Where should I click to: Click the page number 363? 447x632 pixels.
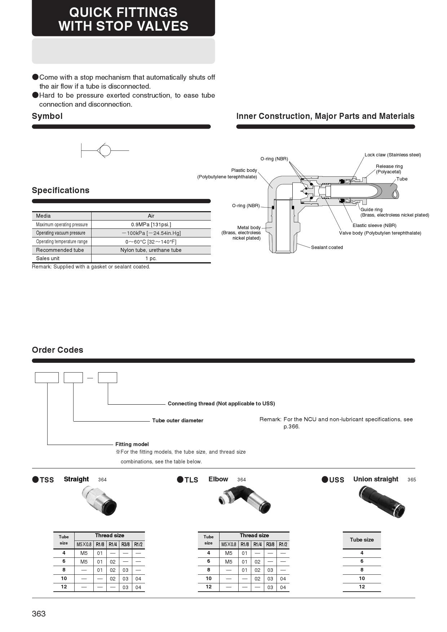click(x=39, y=614)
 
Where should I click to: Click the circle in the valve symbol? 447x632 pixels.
click(x=105, y=150)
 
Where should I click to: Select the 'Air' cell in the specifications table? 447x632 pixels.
click(x=151, y=216)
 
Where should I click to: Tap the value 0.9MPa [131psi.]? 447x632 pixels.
click(x=151, y=224)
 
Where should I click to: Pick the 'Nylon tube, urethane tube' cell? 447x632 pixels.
click(x=151, y=250)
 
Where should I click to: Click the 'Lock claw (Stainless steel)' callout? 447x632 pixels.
click(x=393, y=155)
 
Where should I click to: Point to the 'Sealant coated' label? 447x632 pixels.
click(x=327, y=248)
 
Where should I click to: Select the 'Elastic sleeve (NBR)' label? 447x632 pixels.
click(x=374, y=226)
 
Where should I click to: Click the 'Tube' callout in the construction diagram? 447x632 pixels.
click(x=402, y=179)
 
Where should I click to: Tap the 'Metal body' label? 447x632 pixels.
click(x=249, y=228)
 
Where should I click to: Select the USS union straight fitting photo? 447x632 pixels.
click(x=382, y=502)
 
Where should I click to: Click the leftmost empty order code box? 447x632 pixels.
click(x=47, y=378)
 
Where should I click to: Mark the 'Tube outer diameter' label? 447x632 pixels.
click(x=178, y=420)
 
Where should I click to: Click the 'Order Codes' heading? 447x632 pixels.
click(x=58, y=350)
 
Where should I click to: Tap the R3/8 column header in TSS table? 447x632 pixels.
click(x=125, y=544)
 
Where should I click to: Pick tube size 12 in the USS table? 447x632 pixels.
click(x=362, y=587)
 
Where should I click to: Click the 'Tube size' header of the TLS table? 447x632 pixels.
click(x=208, y=540)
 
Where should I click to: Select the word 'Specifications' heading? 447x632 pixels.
click(x=61, y=190)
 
